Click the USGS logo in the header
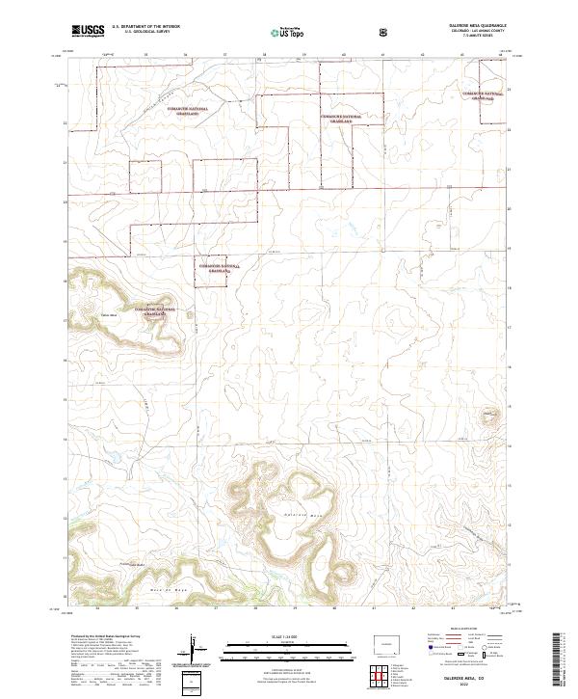88,31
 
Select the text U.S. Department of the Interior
144,28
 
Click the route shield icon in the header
385,32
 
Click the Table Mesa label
108,314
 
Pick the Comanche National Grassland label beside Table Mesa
154,309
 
